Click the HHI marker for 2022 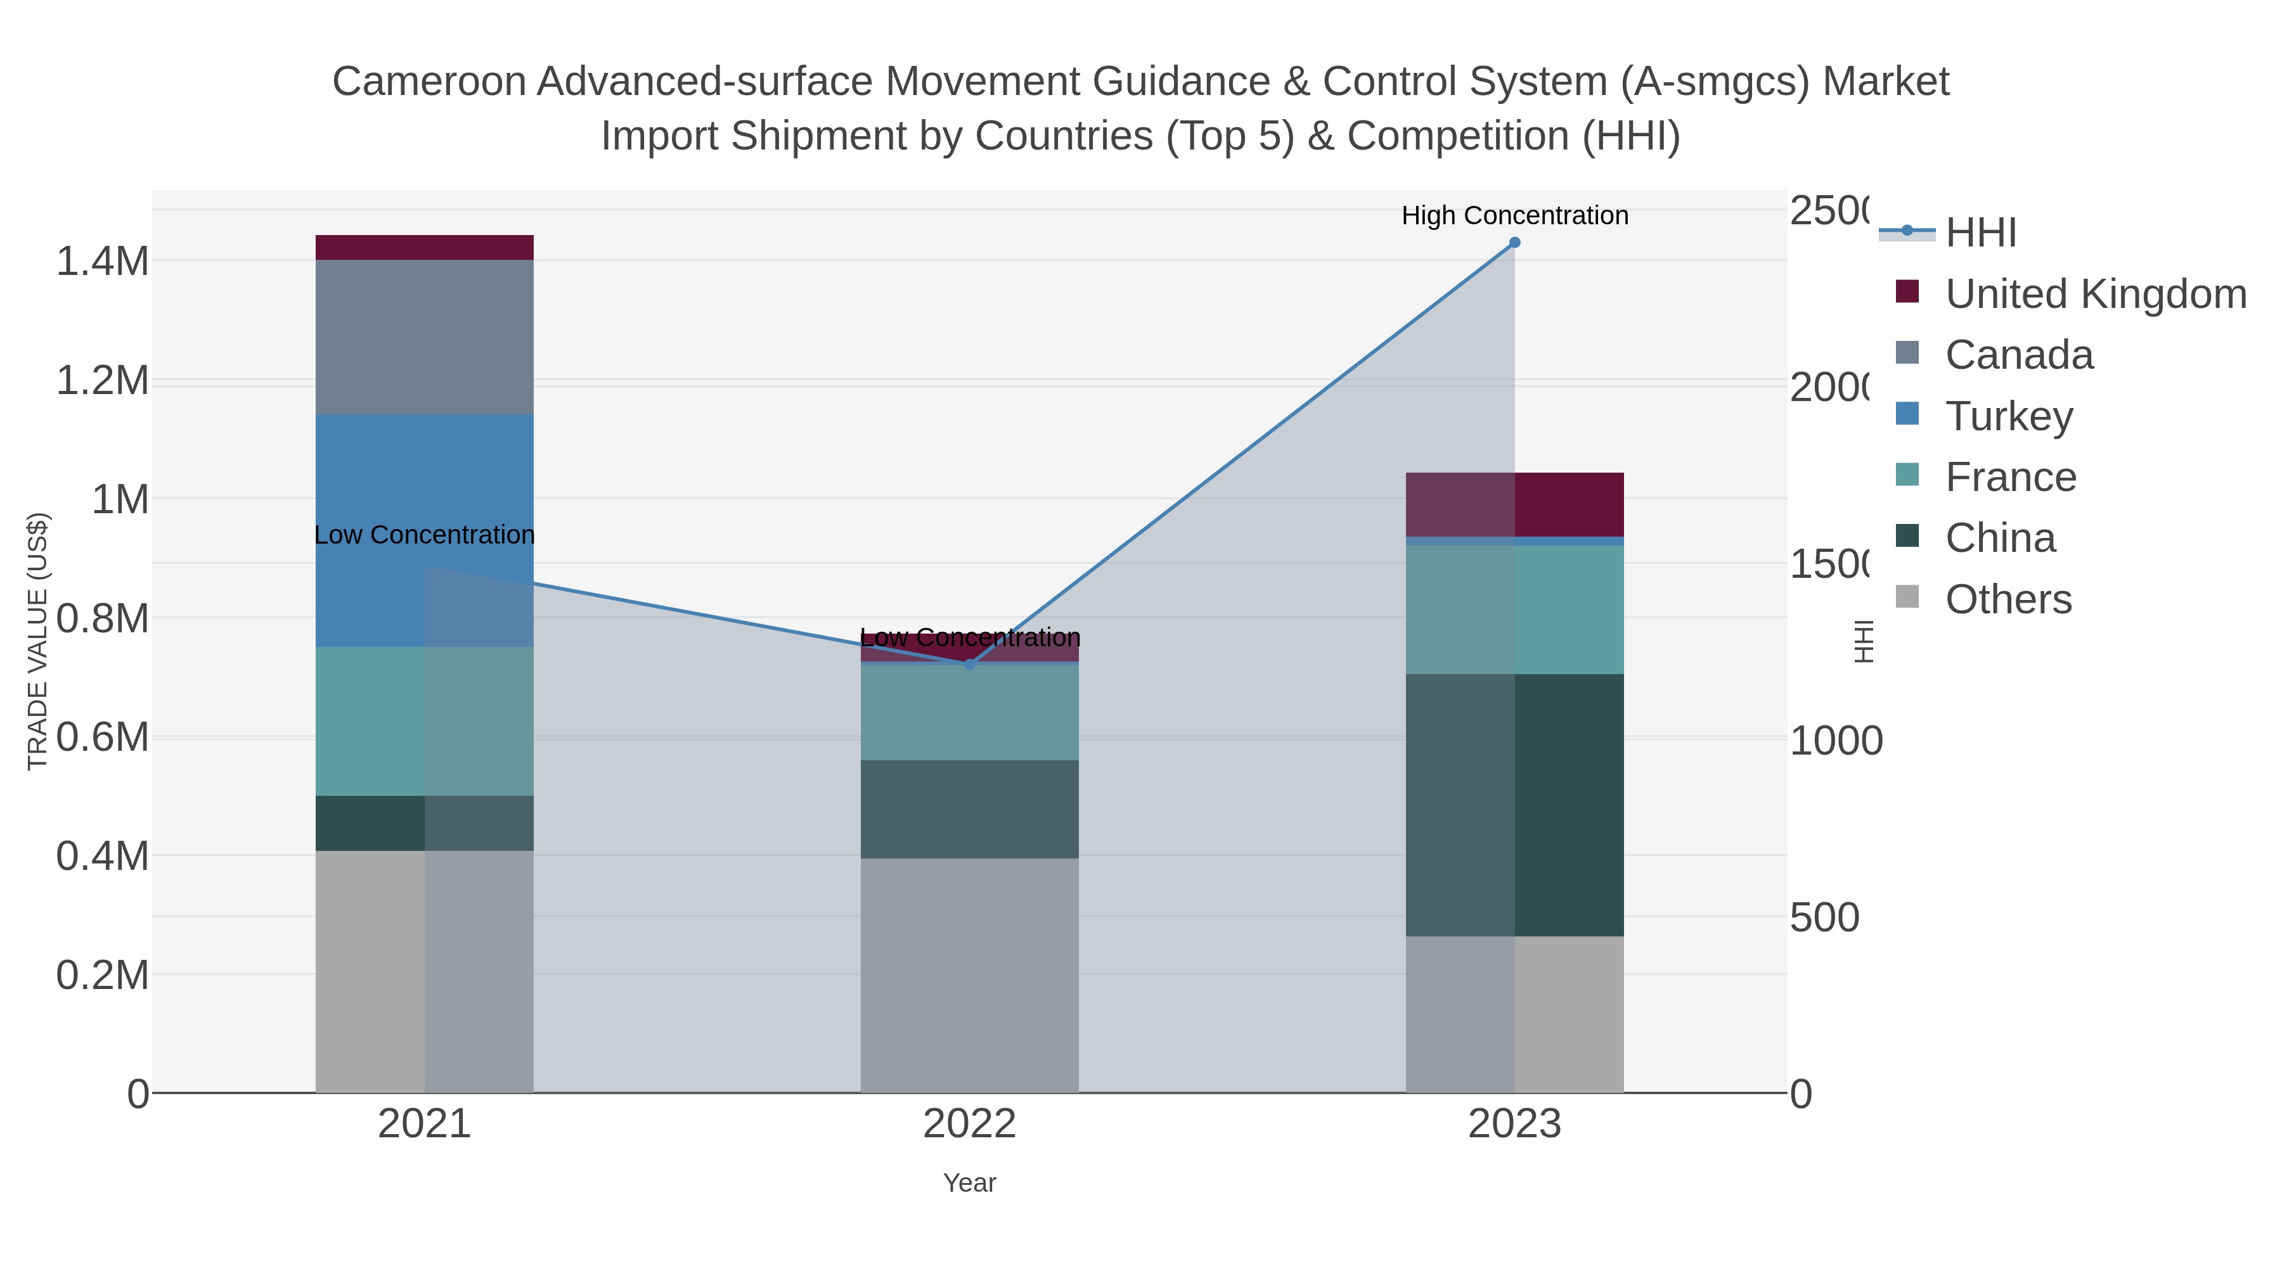pyautogui.click(x=969, y=664)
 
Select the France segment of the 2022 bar pyautogui.click(x=969, y=712)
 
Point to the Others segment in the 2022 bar pyautogui.click(x=969, y=974)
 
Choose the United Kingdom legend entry pyautogui.click(x=2095, y=293)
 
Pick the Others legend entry pyautogui.click(x=2008, y=599)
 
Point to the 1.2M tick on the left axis pyautogui.click(x=102, y=381)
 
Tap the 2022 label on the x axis pyautogui.click(x=969, y=1125)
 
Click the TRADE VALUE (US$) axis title pyautogui.click(x=38, y=641)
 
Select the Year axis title pyautogui.click(x=969, y=1183)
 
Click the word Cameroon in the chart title pyautogui.click(x=429, y=82)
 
